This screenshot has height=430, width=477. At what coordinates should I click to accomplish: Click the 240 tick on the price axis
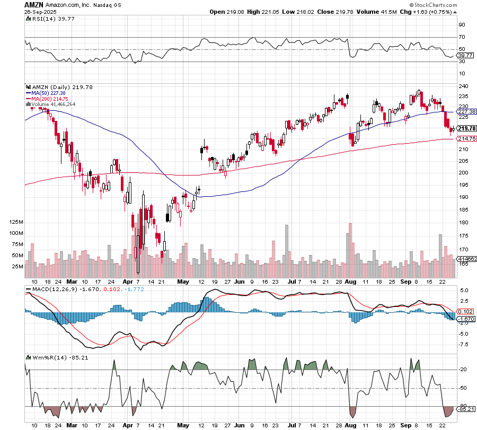click(x=463, y=86)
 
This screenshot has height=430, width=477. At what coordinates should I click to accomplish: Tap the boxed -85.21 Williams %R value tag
click(x=467, y=409)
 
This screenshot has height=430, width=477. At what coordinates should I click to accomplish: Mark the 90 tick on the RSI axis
click(x=462, y=24)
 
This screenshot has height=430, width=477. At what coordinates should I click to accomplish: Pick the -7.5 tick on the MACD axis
click(x=463, y=344)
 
